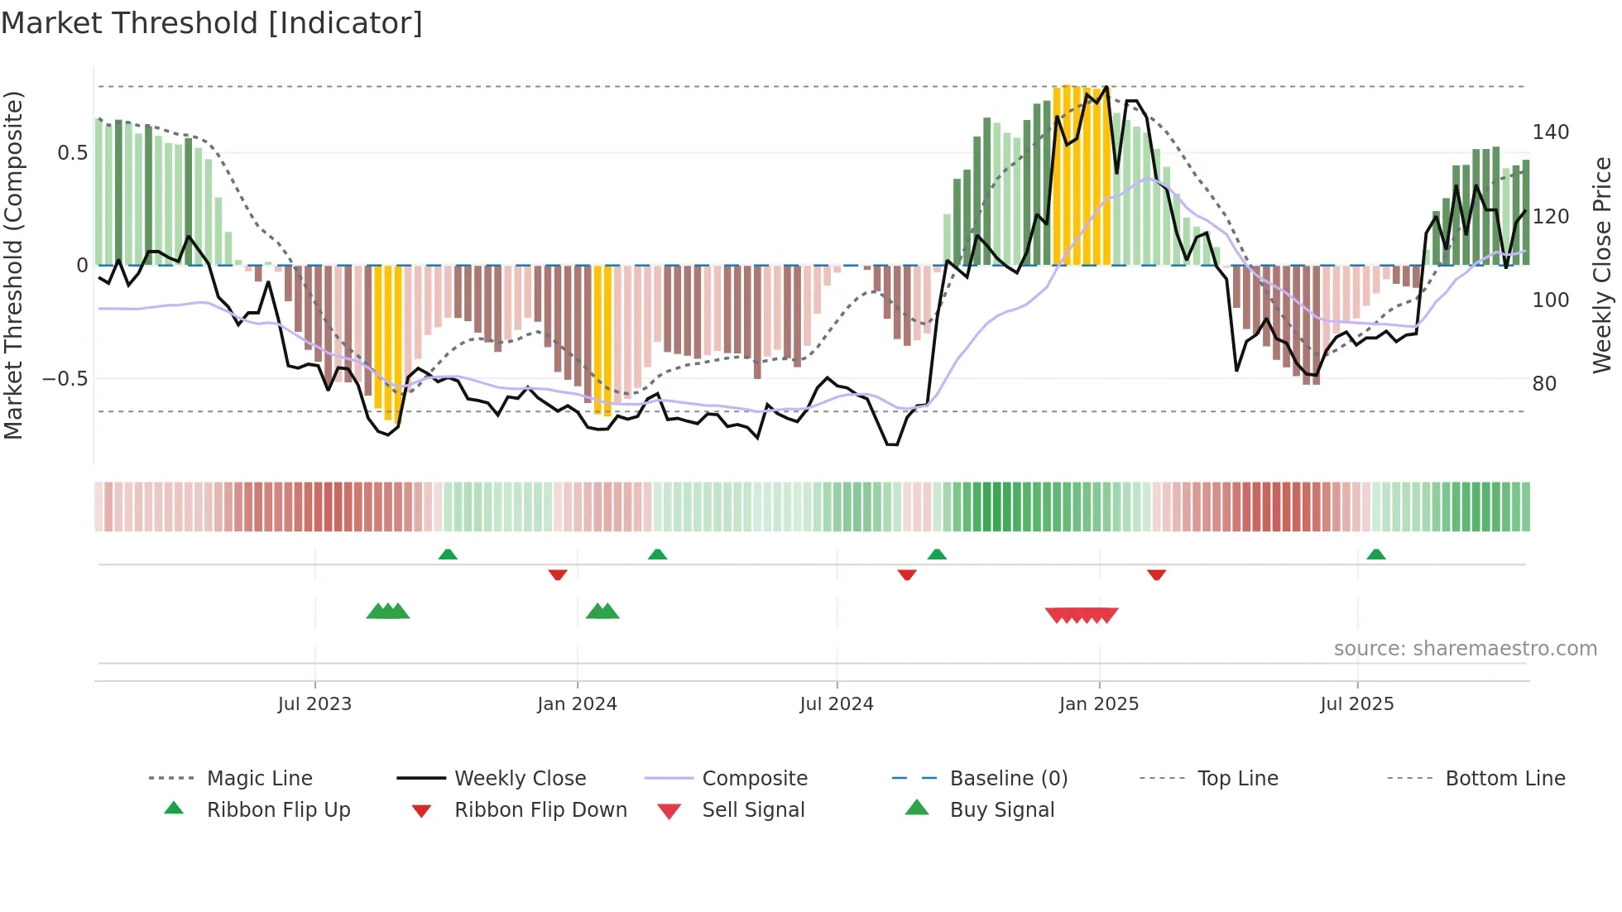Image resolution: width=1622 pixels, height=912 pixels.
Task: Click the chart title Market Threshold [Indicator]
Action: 212,23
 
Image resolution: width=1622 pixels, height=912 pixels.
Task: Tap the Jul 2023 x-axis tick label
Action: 314,704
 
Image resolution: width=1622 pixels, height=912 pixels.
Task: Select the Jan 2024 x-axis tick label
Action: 577,704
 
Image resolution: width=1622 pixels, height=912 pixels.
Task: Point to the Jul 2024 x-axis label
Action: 837,704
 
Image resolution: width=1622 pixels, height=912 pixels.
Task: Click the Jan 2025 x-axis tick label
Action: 1099,704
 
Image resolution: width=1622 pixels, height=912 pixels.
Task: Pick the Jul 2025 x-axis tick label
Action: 1357,704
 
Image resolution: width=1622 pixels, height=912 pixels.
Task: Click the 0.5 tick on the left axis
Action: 73,153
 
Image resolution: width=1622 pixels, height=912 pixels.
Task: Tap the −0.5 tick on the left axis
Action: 65,379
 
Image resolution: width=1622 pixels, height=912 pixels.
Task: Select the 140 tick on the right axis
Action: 1550,132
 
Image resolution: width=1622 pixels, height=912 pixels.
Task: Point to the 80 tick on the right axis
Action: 1544,384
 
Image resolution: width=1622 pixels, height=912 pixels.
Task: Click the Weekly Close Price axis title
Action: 1602,265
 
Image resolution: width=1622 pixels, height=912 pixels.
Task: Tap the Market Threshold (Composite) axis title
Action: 13,265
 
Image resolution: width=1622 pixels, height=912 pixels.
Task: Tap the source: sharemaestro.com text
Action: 1465,649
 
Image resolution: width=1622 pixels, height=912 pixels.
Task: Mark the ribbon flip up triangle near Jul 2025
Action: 1376,554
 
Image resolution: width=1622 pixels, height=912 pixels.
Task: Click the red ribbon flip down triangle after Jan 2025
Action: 1156,574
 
